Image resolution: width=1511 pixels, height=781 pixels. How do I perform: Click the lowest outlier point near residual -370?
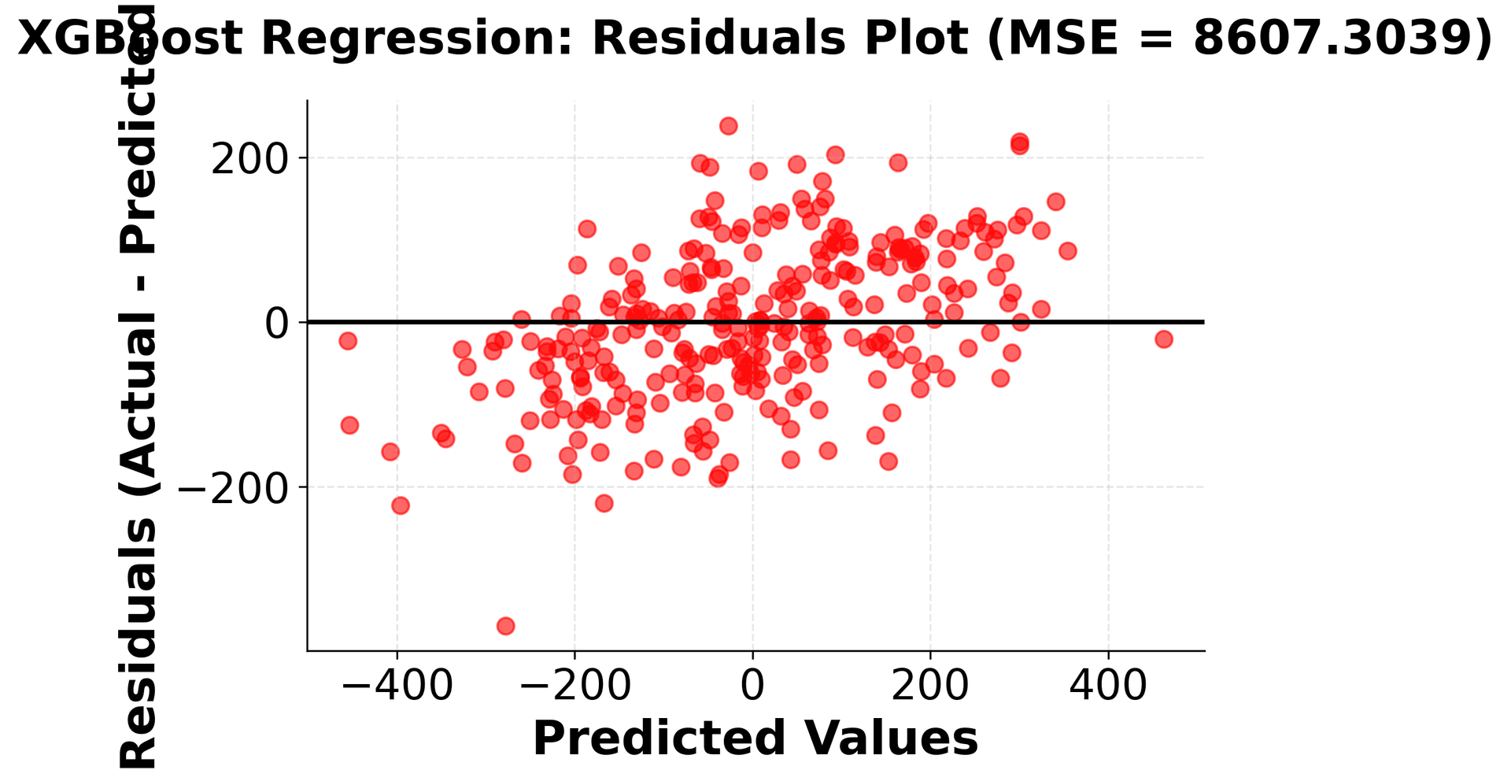tap(505, 626)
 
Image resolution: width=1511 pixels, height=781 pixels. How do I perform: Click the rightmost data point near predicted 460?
tap(1164, 339)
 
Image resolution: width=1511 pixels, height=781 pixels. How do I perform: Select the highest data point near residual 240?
tap(729, 126)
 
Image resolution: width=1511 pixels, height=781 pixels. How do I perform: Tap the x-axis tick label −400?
tap(397, 685)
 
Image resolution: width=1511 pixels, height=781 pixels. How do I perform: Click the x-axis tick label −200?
tap(574, 685)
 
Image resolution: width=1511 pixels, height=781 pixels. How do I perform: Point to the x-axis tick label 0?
tap(752, 685)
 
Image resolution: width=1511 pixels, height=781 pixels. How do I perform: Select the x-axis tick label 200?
tap(930, 685)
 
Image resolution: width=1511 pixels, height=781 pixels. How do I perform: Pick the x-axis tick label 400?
tap(1108, 685)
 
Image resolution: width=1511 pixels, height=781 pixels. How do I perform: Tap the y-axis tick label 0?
tap(276, 323)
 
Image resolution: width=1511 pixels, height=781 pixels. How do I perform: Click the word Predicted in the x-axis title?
tap(659, 738)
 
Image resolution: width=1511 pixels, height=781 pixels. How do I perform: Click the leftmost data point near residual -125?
tap(349, 425)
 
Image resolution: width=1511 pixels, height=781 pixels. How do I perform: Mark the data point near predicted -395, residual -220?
tap(401, 505)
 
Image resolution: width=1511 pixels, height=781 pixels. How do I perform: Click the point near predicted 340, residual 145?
tap(1056, 202)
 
